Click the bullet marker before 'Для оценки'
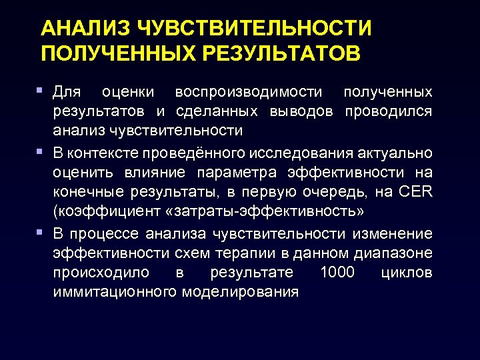pos(41,89)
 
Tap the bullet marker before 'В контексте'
pos(41,153)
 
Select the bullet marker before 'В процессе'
pos(41,233)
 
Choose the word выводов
pos(301,110)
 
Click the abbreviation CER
pos(417,192)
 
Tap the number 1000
pos(339,273)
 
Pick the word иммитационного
pos(108,292)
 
